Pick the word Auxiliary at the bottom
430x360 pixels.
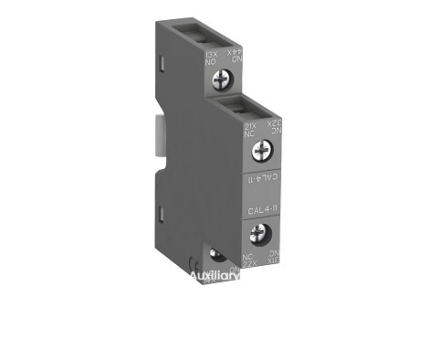216,275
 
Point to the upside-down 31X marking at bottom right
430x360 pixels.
270,259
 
